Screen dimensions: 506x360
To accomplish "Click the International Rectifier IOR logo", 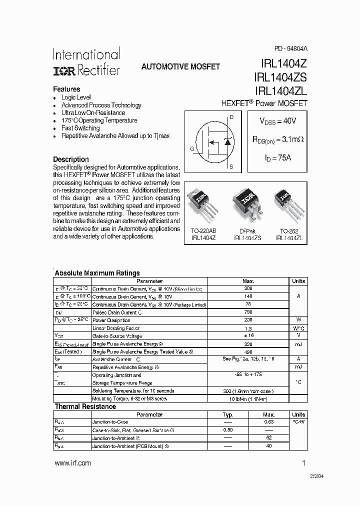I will pyautogui.click(x=64, y=71).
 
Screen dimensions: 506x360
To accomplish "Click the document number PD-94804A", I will pyautogui.click(x=290, y=49).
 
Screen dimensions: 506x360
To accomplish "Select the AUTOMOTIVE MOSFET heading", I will pyautogui.click(x=180, y=66).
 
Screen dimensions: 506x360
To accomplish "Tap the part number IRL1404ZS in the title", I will pyautogui.click(x=280, y=77).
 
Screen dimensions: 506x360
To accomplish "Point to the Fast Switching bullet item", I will pyautogui.click(x=80, y=128).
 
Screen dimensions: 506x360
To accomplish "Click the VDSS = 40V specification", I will pyautogui.click(x=277, y=121).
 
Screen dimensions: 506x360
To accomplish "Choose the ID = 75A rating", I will pyautogui.click(x=277, y=157).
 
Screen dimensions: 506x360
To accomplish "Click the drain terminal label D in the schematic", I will pyautogui.click(x=231, y=117).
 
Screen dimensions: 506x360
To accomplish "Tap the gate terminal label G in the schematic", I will pyautogui.click(x=192, y=148).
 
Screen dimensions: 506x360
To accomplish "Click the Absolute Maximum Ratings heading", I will pyautogui.click(x=97, y=273).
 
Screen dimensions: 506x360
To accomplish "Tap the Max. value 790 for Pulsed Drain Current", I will pyautogui.click(x=248, y=312).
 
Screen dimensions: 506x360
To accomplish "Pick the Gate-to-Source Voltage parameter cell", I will pyautogui.click(x=117, y=336).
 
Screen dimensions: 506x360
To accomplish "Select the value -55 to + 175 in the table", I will pyautogui.click(x=248, y=374).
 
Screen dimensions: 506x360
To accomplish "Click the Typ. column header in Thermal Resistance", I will pyautogui.click(x=228, y=414).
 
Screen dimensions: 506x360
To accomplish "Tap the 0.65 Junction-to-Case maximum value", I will pyautogui.click(x=269, y=422).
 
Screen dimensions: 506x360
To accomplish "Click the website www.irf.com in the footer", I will pyautogui.click(x=72, y=463).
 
